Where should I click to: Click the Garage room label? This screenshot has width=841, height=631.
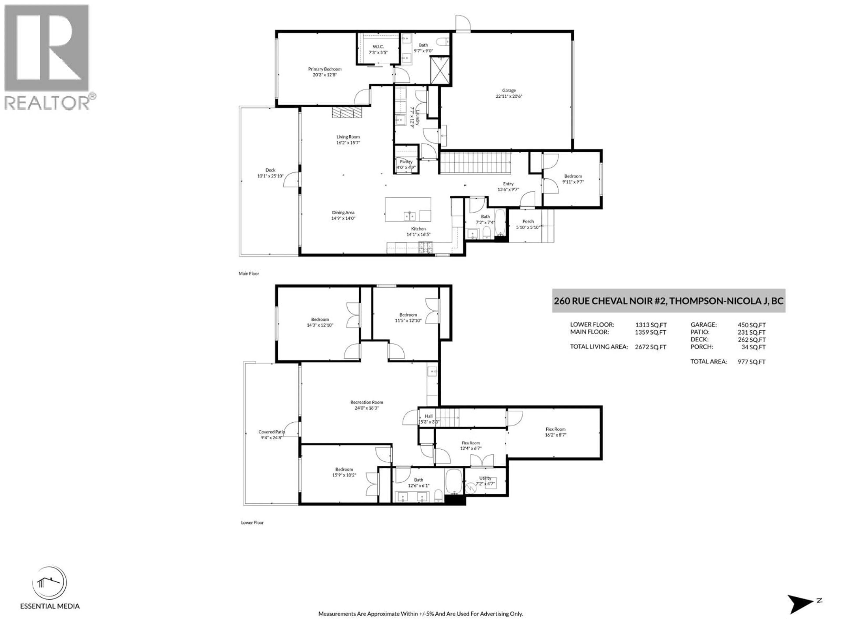pos(509,90)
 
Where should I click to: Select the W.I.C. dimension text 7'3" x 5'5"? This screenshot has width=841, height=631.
pos(378,53)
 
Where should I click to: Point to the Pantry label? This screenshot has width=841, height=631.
pos(406,162)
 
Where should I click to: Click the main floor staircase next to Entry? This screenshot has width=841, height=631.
pos(475,163)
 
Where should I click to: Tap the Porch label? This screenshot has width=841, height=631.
pos(528,221)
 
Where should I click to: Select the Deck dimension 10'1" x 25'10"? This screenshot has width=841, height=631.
pos(270,176)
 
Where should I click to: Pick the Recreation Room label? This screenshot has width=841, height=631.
pos(366,402)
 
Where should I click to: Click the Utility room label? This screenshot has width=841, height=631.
pos(485,478)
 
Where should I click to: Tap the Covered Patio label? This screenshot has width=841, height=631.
pos(271,432)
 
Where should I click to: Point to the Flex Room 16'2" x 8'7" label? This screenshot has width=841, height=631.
pos(555,429)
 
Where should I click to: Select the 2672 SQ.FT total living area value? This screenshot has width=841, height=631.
pos(650,347)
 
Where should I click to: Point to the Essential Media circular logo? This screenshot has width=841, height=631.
pos(49,583)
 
